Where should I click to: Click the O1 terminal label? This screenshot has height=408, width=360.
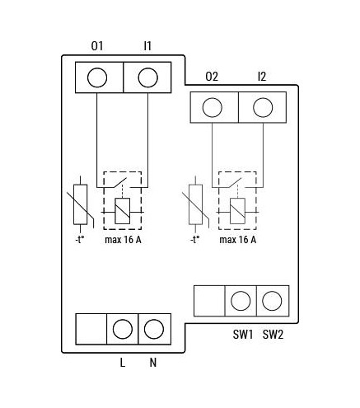(x=97, y=46)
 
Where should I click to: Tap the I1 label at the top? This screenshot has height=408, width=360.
(x=147, y=46)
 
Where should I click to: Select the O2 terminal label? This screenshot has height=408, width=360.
(x=212, y=77)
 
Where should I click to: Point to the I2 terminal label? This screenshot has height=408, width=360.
(x=262, y=77)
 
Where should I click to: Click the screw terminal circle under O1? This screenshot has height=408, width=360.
(x=97, y=77)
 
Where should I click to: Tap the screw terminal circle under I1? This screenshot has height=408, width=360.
(x=148, y=77)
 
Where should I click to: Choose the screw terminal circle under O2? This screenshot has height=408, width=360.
(x=213, y=107)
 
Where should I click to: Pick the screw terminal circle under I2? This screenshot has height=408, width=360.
(x=263, y=107)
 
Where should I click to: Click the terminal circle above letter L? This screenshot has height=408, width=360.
(x=123, y=329)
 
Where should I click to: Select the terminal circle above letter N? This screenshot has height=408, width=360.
(x=154, y=329)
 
